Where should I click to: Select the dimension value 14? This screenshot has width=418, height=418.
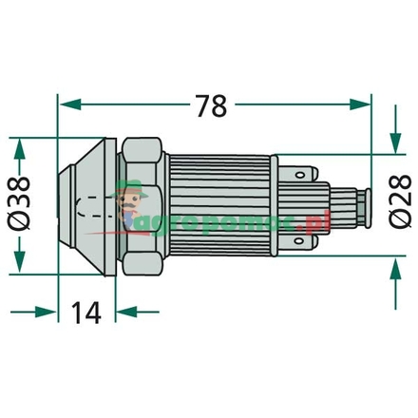pyautogui.click(x=86, y=311)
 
